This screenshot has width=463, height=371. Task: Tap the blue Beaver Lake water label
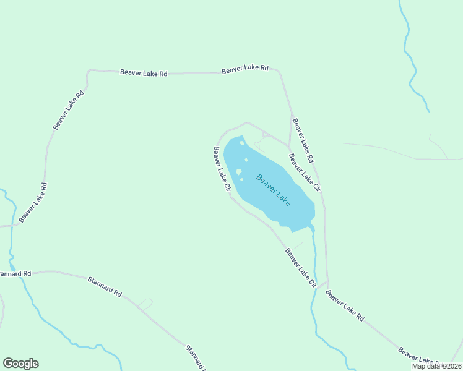[x=273, y=190]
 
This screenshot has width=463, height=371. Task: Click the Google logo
[x=20, y=364]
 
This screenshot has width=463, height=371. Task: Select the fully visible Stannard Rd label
[x=105, y=286]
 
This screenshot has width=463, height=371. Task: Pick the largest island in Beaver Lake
[x=239, y=172]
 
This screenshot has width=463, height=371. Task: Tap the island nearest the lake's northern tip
[x=242, y=143]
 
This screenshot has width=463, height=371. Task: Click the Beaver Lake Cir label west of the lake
[x=222, y=168]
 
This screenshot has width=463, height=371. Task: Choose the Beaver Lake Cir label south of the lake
[x=300, y=267]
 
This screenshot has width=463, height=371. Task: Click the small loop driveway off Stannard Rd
[x=146, y=303]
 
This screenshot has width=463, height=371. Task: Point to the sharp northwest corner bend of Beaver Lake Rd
[x=89, y=72]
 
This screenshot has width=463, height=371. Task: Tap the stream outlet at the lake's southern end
[x=311, y=229]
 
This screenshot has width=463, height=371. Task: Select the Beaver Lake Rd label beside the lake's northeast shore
[x=303, y=137]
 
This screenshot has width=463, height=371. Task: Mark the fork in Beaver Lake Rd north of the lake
[x=291, y=116]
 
